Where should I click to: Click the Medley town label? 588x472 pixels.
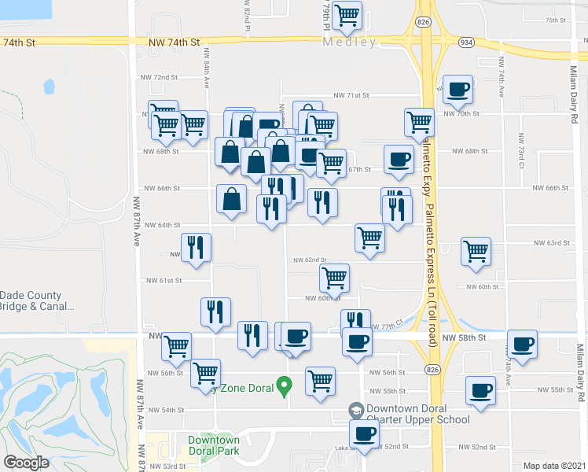349,42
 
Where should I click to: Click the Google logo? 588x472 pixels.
25,463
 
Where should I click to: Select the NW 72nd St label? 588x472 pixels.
160,77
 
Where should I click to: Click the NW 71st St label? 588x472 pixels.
351,95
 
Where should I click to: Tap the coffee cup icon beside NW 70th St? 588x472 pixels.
458,90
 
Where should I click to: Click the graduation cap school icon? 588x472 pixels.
356,411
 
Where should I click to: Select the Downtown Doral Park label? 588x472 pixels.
213,444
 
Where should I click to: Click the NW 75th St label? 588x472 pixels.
556,20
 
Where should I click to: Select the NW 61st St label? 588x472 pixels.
164,280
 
